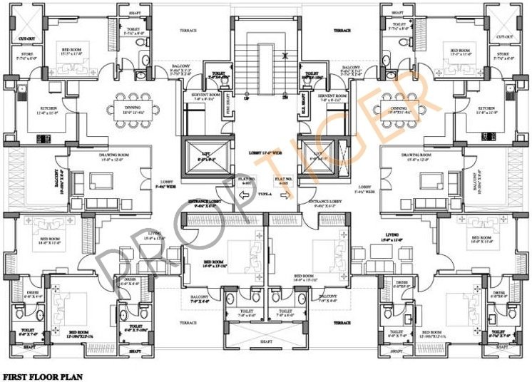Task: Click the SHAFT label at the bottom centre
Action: point(265,341)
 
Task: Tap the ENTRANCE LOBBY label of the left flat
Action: point(205,202)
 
